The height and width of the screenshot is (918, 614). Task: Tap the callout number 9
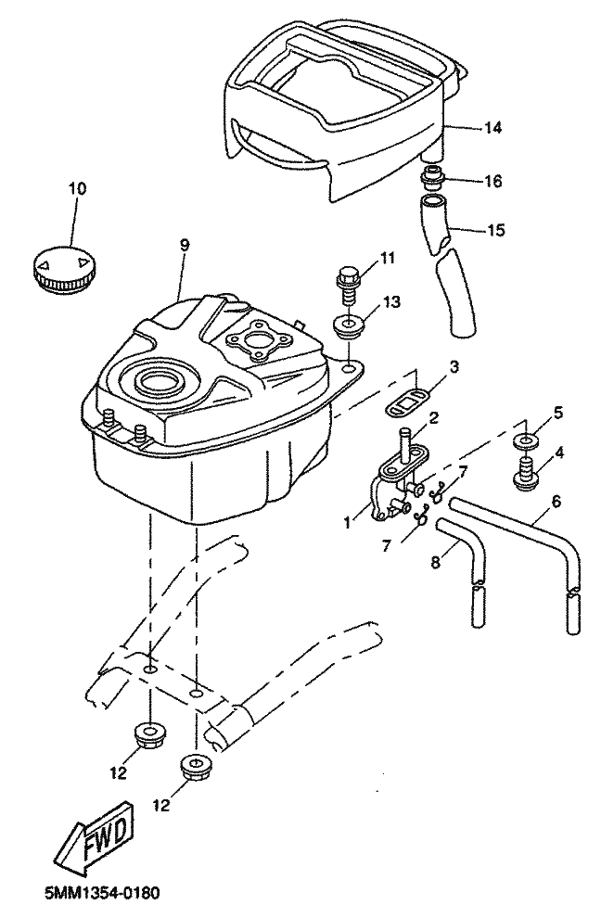click(184, 245)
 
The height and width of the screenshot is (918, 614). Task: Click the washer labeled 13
click(348, 328)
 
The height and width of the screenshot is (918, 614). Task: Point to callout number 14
click(493, 128)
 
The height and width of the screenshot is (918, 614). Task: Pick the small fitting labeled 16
click(433, 176)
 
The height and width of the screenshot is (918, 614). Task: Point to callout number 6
click(556, 500)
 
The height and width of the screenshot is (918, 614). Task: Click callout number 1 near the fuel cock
click(345, 522)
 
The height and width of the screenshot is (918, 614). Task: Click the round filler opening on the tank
click(160, 381)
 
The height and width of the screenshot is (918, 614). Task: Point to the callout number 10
click(77, 188)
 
